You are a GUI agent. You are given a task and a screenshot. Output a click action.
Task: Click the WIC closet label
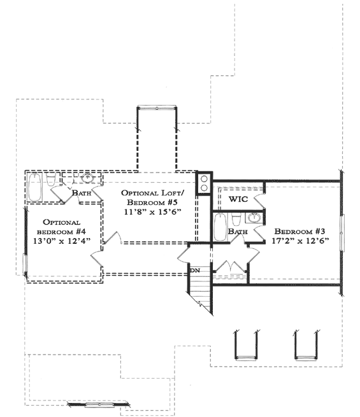(x=238, y=199)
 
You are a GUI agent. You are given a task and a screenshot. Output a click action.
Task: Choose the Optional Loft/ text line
(x=153, y=193)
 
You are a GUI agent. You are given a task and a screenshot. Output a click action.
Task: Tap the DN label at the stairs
(x=195, y=271)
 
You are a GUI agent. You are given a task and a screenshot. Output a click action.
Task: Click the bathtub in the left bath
(x=35, y=187)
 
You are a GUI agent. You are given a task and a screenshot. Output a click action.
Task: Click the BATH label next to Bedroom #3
(x=238, y=232)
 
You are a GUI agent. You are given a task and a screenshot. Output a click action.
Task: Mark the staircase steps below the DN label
(x=201, y=293)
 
